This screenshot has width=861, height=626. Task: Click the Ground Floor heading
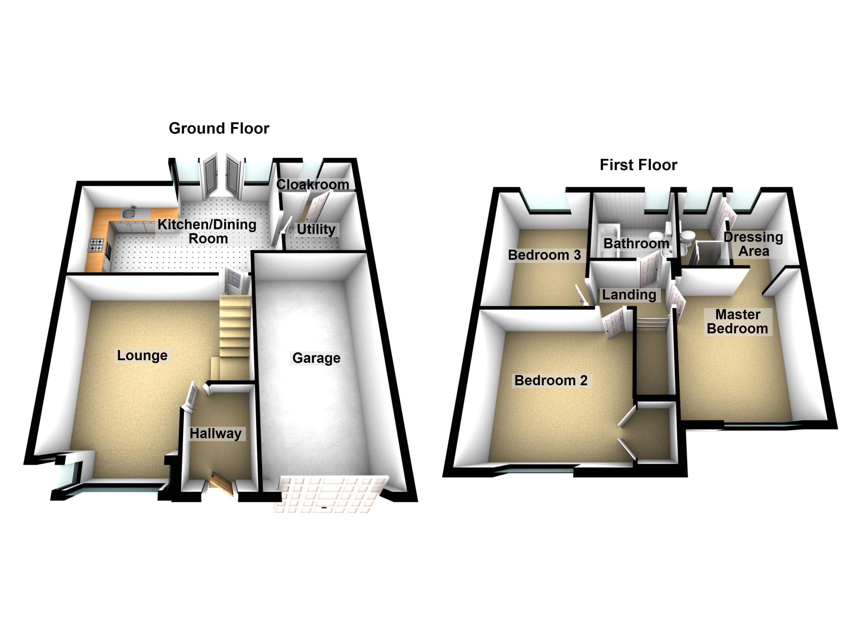(219, 128)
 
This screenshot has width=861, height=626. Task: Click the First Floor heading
(638, 165)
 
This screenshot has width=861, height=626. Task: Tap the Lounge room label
(142, 355)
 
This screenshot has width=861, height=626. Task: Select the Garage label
(316, 358)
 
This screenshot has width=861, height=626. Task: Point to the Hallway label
(215, 433)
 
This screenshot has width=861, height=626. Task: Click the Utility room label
(316, 229)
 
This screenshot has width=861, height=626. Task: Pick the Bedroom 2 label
(551, 380)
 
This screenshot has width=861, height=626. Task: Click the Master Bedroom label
(737, 321)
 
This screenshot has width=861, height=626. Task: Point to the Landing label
(629, 294)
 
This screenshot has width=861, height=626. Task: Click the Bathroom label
(636, 243)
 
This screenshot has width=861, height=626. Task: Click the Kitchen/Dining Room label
(207, 231)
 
